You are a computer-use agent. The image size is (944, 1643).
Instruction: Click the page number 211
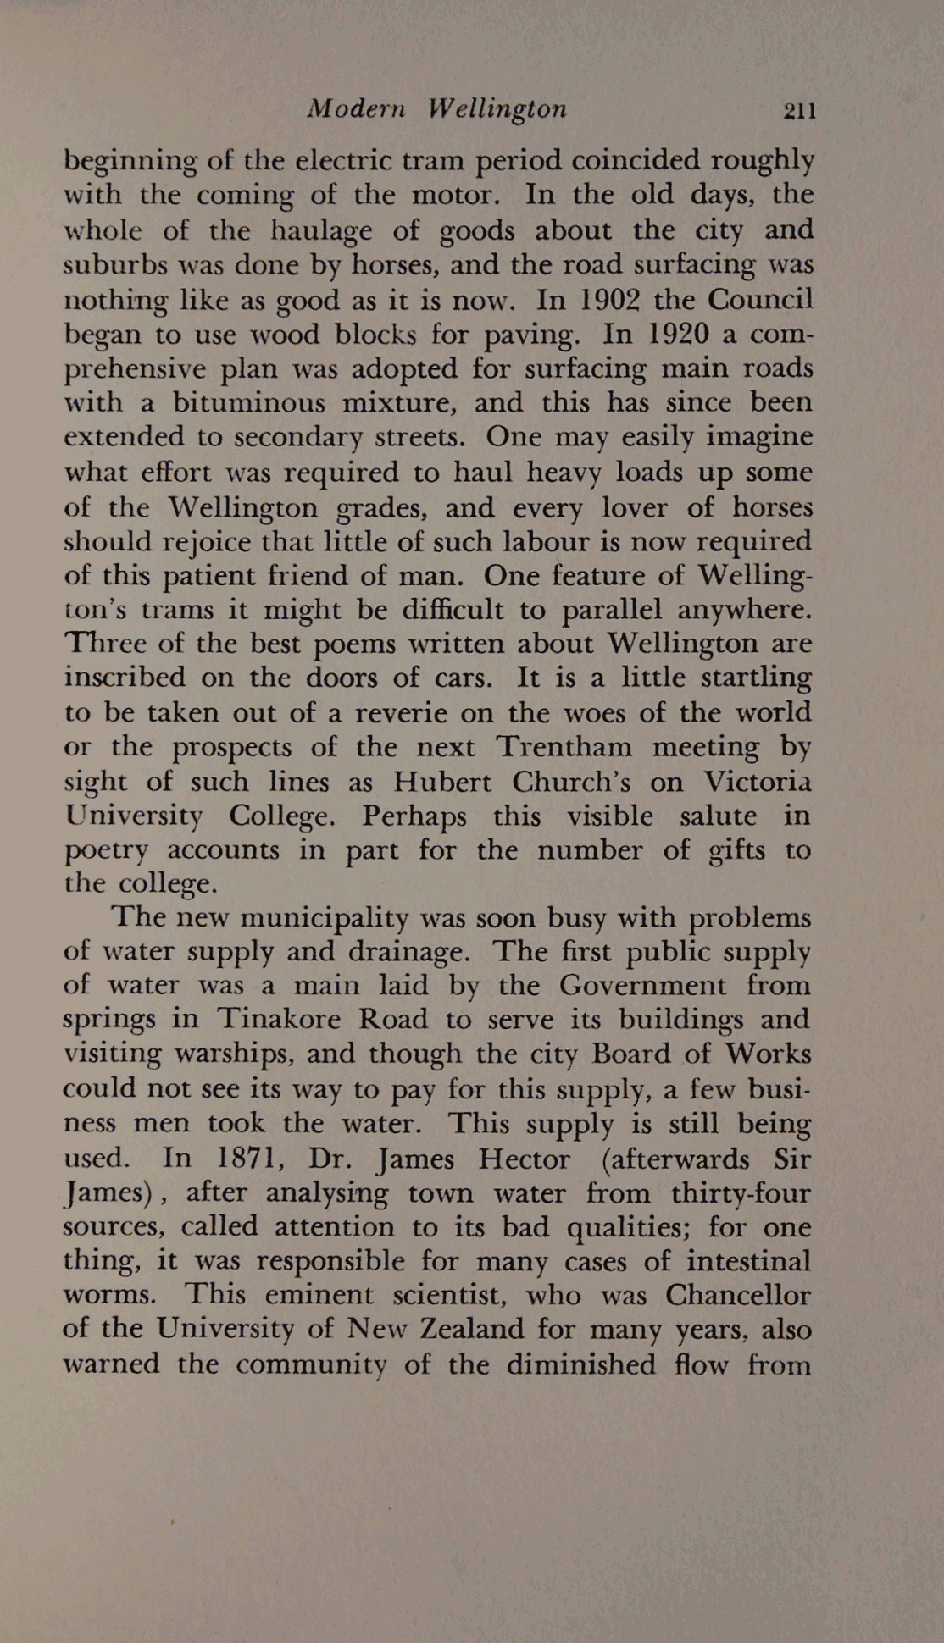(799, 111)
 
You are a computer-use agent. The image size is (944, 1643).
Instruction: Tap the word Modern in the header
(357, 109)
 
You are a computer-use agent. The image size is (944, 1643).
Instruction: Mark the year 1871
(251, 1158)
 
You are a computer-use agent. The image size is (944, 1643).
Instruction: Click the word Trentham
(564, 746)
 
